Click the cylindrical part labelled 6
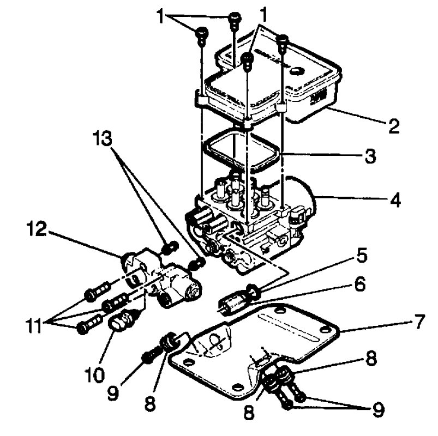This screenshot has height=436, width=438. click(x=233, y=302)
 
